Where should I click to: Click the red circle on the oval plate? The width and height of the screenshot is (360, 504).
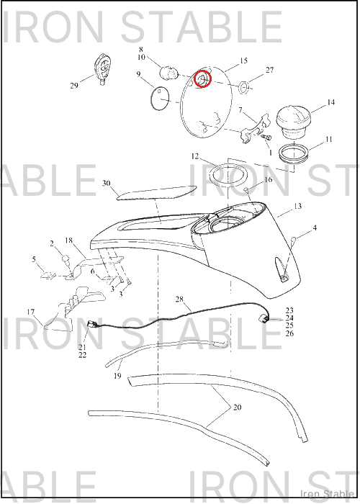[x=202, y=78]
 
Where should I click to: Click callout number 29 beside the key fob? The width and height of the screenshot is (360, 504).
[x=74, y=86]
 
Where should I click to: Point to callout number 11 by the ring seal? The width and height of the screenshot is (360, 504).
[x=328, y=140]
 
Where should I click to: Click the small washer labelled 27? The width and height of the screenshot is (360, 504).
[x=243, y=87]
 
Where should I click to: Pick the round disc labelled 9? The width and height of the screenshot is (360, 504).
[x=160, y=99]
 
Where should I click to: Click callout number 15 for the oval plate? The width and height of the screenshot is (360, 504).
[x=243, y=60]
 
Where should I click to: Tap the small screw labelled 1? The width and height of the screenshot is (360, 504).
[x=267, y=138]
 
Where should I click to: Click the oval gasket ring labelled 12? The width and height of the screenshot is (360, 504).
[x=228, y=176]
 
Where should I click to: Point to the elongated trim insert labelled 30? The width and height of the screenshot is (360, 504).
[x=156, y=192]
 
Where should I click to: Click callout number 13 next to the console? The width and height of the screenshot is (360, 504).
[x=297, y=206]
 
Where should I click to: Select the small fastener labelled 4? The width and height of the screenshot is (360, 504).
[x=294, y=240]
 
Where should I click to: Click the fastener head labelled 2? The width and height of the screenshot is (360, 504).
[x=66, y=258]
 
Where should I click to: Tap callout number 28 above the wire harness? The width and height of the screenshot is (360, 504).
[x=179, y=300]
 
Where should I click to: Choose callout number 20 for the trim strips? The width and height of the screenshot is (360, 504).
[x=237, y=408]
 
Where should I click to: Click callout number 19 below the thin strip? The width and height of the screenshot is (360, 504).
[x=117, y=375]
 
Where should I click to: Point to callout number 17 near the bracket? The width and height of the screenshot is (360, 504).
[x=30, y=312]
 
